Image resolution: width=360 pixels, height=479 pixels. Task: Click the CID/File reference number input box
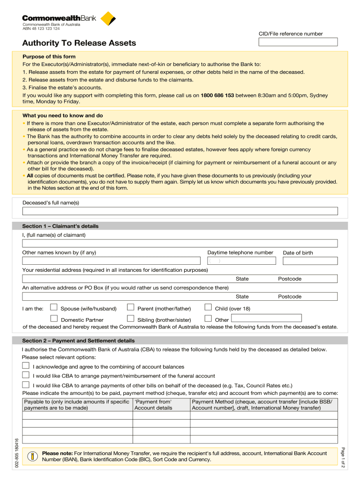298,42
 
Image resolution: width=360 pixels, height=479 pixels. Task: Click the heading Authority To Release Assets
79,43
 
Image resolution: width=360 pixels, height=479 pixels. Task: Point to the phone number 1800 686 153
217,95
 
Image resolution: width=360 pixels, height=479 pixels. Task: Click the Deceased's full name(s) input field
180,211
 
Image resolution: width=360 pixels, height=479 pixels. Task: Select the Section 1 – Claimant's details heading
60,226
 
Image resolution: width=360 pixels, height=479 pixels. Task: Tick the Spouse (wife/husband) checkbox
54,307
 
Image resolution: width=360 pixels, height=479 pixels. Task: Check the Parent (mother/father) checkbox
131,307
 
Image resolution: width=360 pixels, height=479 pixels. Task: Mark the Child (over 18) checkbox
208,307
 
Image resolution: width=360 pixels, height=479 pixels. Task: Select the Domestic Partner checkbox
54,319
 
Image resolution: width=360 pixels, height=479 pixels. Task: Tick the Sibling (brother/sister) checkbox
131,319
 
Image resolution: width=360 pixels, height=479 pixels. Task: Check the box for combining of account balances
26,365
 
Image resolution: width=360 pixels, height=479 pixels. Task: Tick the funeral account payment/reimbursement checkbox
26,375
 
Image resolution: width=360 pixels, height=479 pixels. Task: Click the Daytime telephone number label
240,253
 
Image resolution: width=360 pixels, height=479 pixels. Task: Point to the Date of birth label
298,253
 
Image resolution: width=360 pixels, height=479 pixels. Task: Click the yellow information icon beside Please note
32,457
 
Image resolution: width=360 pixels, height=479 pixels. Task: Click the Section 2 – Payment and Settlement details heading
78,341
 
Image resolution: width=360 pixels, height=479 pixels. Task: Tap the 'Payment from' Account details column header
153,405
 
